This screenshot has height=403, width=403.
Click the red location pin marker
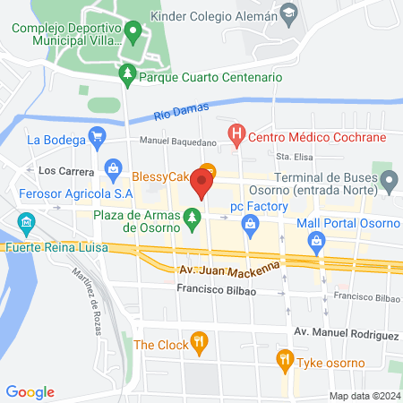[201, 184]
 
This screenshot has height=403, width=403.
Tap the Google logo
[30, 392]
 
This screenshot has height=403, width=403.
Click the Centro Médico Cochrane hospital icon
[236, 138]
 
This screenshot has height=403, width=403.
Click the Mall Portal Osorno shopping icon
[316, 240]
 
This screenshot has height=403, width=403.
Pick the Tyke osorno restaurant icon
[285, 361]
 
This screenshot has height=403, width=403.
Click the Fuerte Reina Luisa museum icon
[27, 221]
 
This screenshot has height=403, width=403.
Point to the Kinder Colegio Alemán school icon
[288, 15]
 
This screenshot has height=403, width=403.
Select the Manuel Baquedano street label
[177, 141]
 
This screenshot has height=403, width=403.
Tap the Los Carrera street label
[61, 169]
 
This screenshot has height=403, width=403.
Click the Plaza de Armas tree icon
[190, 217]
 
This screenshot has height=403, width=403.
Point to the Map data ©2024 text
[364, 396]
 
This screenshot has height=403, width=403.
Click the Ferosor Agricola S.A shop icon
[114, 167]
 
